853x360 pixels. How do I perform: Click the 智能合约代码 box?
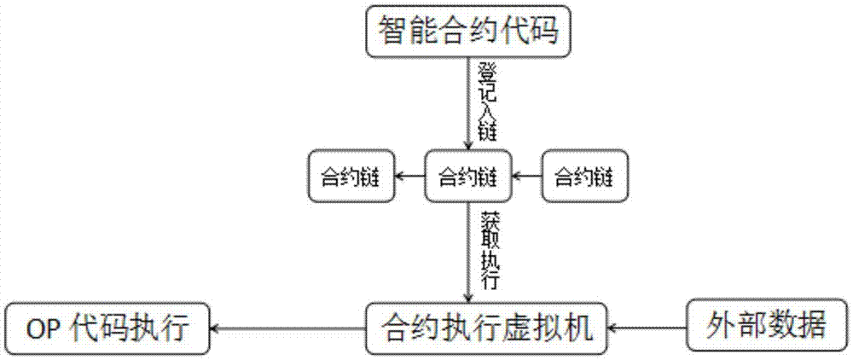468,32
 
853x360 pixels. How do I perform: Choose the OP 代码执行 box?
107,328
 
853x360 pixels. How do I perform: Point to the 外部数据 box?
767,325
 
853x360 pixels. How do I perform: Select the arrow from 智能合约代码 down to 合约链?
467,102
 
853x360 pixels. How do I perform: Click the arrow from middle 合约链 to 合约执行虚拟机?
467,252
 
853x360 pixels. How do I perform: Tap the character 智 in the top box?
393,32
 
